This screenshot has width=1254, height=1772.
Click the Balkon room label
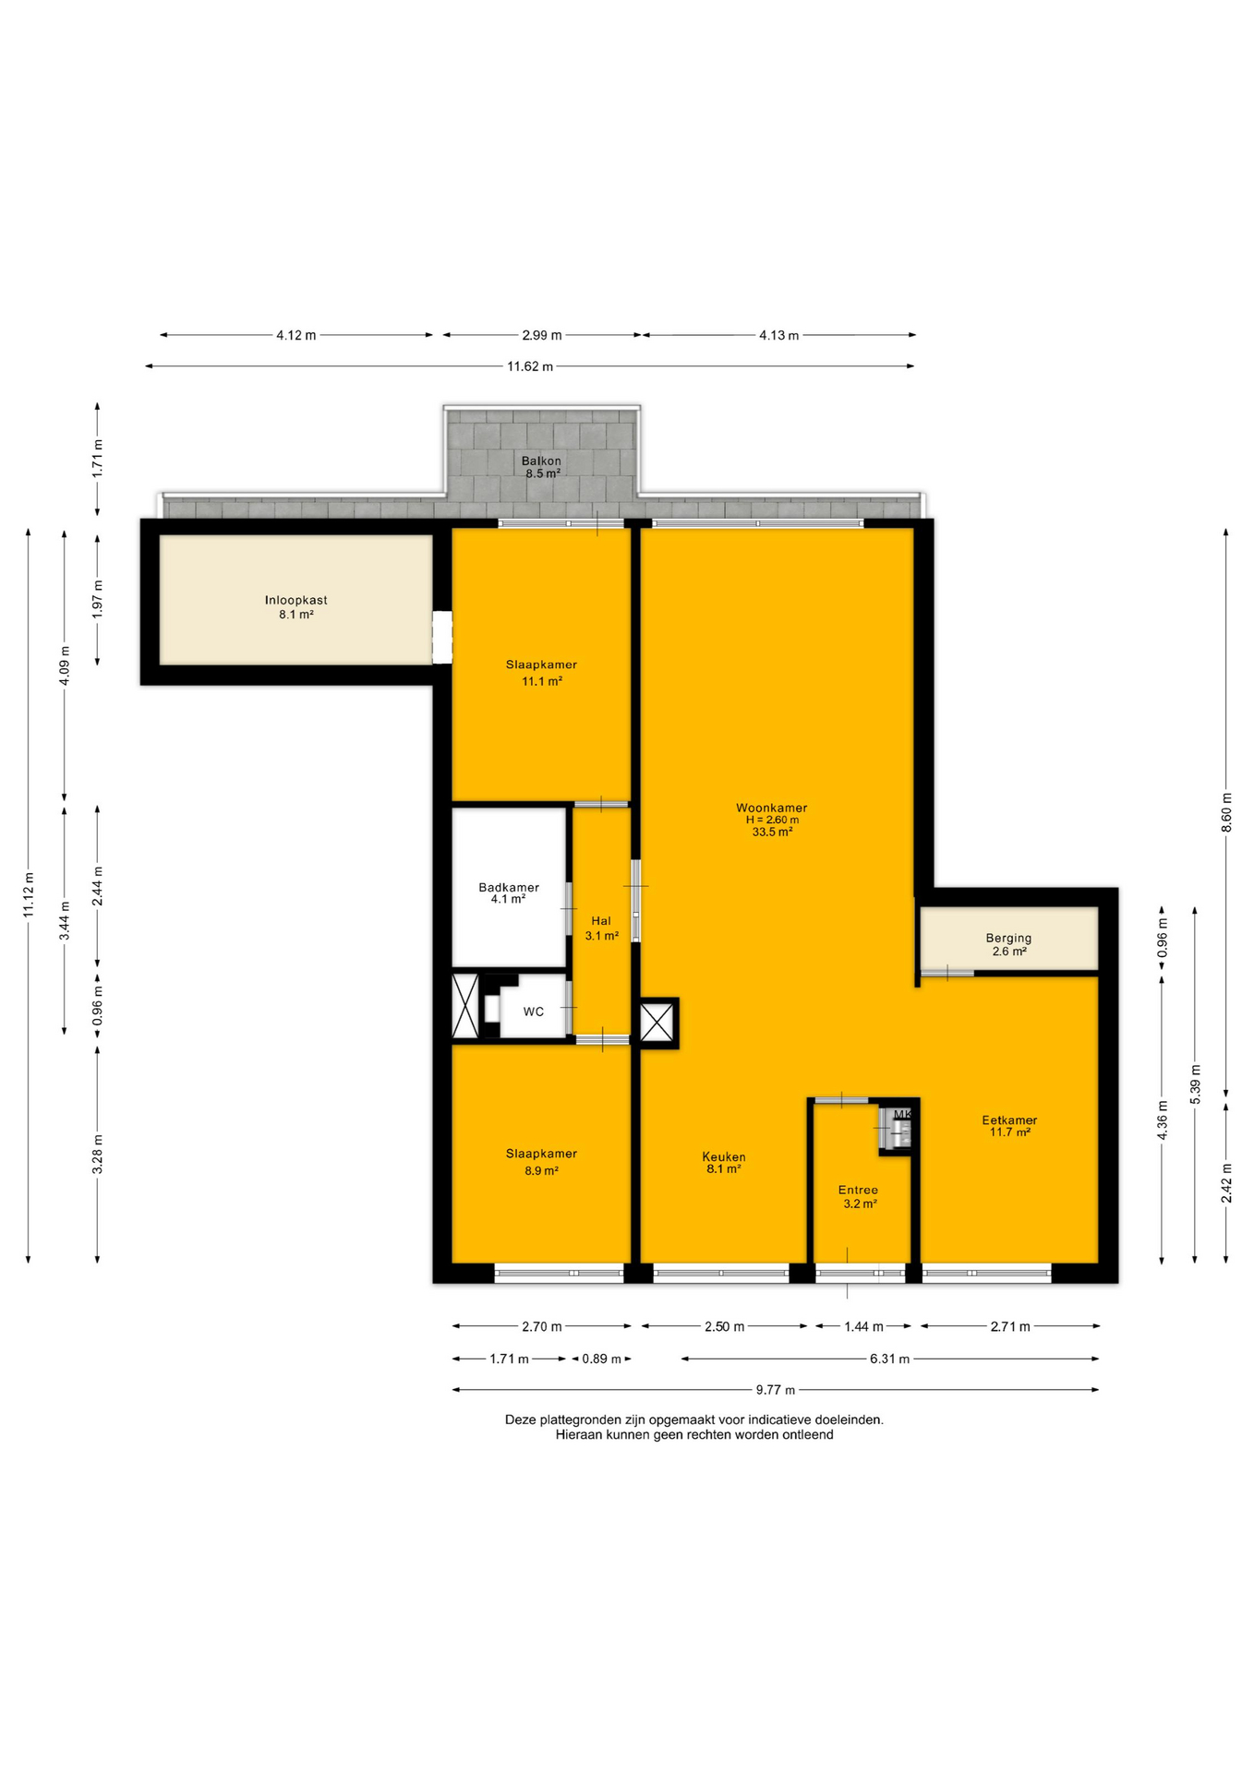541,461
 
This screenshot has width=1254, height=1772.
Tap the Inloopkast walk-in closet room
295,600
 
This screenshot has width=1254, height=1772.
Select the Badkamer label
509,888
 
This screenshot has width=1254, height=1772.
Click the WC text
534,1012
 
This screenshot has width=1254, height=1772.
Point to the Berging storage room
1008,939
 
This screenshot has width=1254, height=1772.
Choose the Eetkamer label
1009,1120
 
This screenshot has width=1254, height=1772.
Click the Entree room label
858,1190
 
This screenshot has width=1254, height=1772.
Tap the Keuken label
724,1156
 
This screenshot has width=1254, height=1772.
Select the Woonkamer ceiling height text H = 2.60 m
773,820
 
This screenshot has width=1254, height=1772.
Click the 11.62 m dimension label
530,366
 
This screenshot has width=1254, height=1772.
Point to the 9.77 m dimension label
776,1390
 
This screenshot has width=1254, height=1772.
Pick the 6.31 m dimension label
889,1359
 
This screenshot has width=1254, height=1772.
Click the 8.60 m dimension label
1226,813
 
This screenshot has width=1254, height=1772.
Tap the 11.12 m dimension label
29,895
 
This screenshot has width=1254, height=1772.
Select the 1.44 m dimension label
863,1326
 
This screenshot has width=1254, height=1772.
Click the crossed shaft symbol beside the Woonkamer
658,1023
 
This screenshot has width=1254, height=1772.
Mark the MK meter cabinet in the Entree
896,1128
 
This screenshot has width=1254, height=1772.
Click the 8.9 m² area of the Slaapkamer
541,1170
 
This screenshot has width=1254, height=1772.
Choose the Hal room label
601,920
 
